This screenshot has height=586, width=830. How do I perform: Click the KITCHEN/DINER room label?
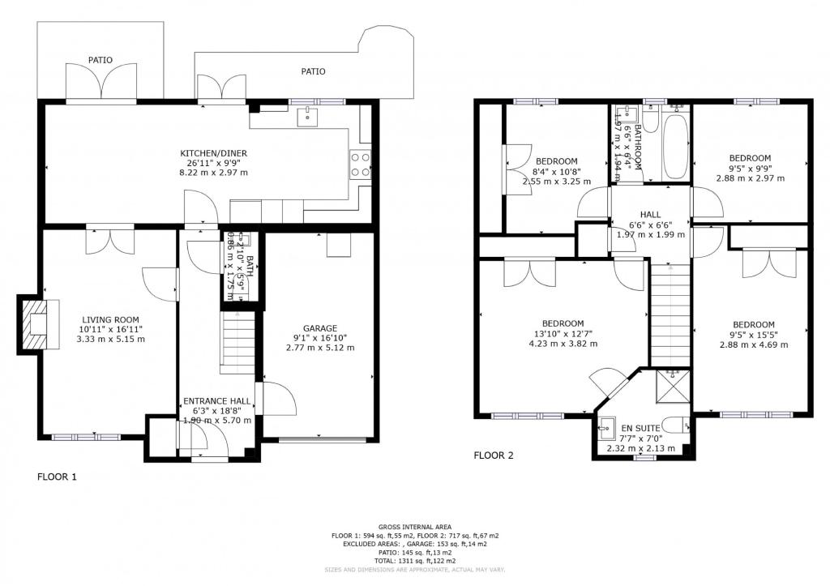point(213,153)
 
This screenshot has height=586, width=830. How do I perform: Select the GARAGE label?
point(320,328)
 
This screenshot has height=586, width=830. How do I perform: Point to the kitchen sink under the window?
point(308,118)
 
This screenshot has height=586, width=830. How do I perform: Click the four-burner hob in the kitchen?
point(361,165)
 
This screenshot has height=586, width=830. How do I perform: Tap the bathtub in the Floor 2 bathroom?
point(674,147)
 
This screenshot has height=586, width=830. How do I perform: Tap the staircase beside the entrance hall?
point(238,344)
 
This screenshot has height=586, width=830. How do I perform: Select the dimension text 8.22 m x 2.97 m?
point(214,173)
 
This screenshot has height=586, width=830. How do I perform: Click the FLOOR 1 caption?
point(57,477)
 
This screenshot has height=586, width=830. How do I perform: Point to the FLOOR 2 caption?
point(494,456)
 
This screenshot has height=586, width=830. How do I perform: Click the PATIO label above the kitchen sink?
point(313,71)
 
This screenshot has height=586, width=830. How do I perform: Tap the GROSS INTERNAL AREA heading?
point(414,528)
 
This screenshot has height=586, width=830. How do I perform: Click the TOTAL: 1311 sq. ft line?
point(414,561)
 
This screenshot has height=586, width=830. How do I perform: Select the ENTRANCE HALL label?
point(216,401)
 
